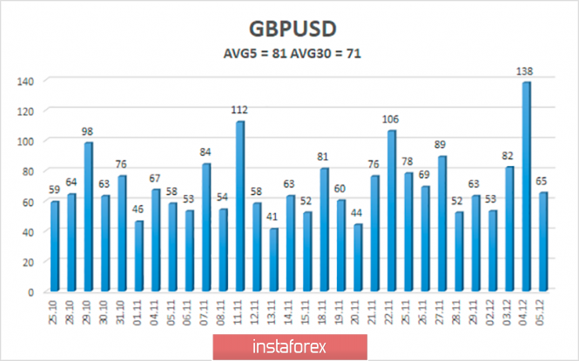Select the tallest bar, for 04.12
(x=526, y=186)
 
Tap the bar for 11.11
(x=239, y=206)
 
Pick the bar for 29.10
(x=89, y=217)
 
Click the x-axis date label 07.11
(x=206, y=310)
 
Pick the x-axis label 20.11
(x=358, y=310)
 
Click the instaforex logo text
(x=289, y=347)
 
